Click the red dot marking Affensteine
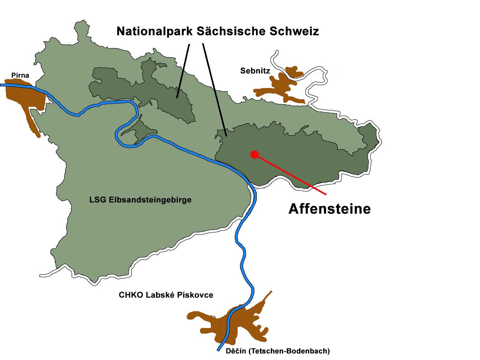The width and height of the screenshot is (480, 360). [254, 154]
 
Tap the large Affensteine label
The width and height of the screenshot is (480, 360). [330, 209]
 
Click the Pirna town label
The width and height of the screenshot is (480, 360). [20, 75]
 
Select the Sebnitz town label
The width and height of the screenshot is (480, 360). [255, 71]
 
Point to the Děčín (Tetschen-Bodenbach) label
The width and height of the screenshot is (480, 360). [272, 351]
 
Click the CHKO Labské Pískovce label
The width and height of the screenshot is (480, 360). [166, 295]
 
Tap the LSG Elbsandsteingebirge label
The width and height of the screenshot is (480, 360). [140, 200]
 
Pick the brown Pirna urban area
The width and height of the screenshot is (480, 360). [24, 98]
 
